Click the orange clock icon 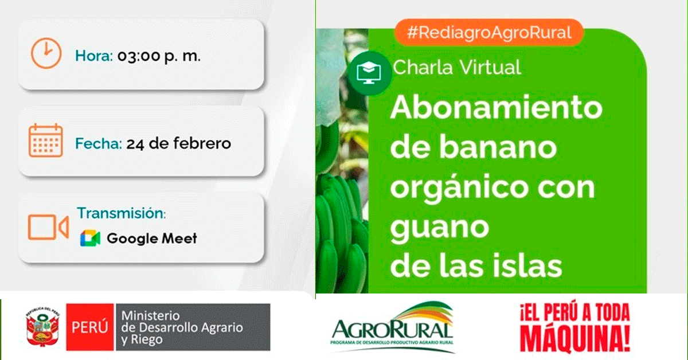(x=46, y=53)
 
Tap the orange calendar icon (x=46, y=140)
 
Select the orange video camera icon (x=48, y=228)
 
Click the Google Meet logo (x=90, y=238)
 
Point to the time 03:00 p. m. (x=159, y=56)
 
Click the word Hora (x=94, y=56)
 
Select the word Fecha (x=99, y=143)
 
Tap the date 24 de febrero (x=179, y=143)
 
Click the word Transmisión (x=122, y=213)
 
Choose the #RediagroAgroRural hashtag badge (x=489, y=33)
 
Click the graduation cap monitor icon (x=369, y=73)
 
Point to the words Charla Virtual (x=457, y=67)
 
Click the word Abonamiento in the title (x=497, y=107)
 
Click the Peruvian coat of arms (x=42, y=327)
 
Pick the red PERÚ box (x=90, y=327)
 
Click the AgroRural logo (x=392, y=327)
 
